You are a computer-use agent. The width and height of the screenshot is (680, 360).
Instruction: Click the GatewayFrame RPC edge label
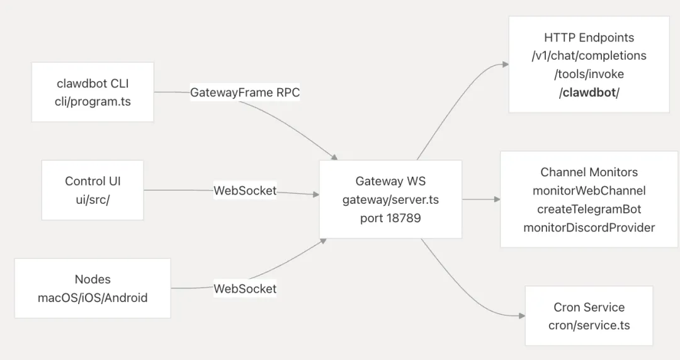pyautogui.click(x=245, y=93)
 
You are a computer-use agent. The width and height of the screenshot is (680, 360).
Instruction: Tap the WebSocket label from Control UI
pyautogui.click(x=245, y=191)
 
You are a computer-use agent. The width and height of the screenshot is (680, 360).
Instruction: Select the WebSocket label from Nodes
pyautogui.click(x=245, y=289)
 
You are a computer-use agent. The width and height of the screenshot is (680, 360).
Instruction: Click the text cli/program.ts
pyautogui.click(x=93, y=101)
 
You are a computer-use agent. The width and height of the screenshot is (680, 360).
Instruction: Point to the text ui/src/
pyautogui.click(x=93, y=199)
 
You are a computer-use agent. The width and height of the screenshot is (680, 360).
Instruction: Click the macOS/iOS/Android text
pyautogui.click(x=93, y=297)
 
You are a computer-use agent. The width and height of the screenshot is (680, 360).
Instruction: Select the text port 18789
pyautogui.click(x=390, y=218)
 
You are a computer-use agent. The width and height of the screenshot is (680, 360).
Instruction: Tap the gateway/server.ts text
pyautogui.click(x=390, y=200)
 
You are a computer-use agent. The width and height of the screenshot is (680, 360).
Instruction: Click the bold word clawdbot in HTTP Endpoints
pyautogui.click(x=589, y=93)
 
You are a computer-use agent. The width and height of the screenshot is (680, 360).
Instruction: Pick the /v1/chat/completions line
pyautogui.click(x=589, y=55)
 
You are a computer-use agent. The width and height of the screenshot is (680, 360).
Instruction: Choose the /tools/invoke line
pyautogui.click(x=589, y=74)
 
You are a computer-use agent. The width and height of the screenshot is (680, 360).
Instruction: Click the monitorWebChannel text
pyautogui.click(x=589, y=190)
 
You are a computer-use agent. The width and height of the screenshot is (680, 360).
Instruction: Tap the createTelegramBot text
pyautogui.click(x=589, y=209)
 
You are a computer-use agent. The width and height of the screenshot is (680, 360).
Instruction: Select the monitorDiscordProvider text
pyautogui.click(x=589, y=227)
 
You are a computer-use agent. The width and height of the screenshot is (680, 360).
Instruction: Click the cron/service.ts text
pyautogui.click(x=589, y=325)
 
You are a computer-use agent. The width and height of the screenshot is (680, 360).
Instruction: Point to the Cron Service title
pyautogui.click(x=589, y=307)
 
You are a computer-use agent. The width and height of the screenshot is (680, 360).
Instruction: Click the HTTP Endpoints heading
pyautogui.click(x=589, y=37)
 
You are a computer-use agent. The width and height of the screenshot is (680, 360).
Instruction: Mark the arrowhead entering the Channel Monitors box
pyautogui.click(x=497, y=200)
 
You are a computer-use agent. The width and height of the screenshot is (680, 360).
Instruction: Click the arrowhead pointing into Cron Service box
pyautogui.click(x=521, y=316)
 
